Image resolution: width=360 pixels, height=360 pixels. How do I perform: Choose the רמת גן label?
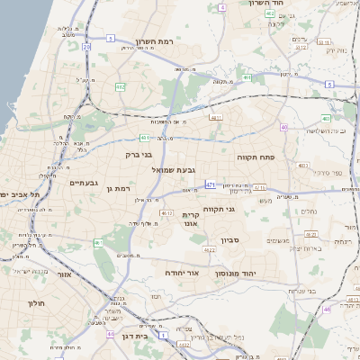tap(117, 189)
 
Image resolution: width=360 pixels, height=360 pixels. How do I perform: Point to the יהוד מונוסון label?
tap(236, 273)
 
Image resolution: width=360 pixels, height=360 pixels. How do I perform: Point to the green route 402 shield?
tap(270, 13)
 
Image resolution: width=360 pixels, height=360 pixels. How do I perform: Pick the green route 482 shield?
tap(121, 87)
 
